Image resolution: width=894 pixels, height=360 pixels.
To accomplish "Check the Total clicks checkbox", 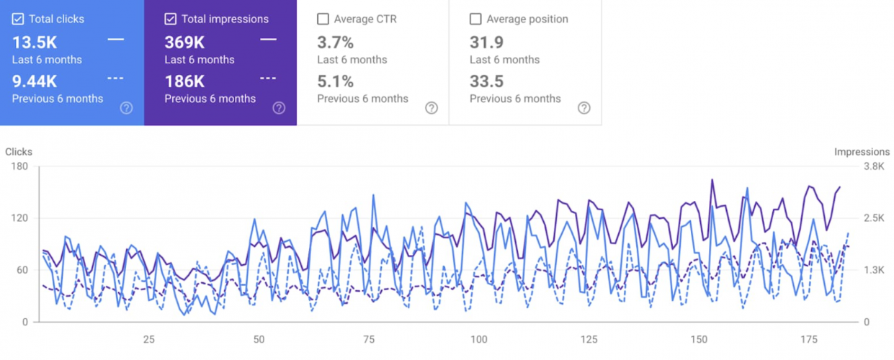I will click(18, 19).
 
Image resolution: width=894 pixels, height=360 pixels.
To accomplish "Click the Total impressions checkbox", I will click(171, 19).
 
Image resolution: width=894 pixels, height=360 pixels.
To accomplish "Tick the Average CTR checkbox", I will click(323, 19).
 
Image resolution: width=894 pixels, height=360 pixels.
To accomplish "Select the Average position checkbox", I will click(475, 19).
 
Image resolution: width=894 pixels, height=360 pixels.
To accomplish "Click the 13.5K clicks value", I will click(35, 42).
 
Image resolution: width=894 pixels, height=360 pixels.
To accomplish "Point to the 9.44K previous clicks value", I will click(35, 81).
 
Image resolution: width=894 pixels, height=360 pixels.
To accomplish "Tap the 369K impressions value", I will click(184, 42).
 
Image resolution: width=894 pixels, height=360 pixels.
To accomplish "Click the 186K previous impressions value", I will click(184, 81).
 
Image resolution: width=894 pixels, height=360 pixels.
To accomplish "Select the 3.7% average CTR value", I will click(336, 42).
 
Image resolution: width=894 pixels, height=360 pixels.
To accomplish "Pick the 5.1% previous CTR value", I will click(336, 81).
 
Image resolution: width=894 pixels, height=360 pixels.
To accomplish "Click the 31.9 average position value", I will click(486, 42).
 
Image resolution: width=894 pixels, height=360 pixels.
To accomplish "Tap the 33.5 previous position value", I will click(486, 81).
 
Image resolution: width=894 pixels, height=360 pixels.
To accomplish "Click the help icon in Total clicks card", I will click(126, 108).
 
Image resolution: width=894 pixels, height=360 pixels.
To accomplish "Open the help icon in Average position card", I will click(584, 108).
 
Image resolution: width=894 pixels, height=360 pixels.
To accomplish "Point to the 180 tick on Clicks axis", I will click(19, 166).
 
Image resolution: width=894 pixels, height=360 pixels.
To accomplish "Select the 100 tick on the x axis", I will click(478, 340).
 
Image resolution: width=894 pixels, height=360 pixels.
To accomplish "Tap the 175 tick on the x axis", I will click(809, 340).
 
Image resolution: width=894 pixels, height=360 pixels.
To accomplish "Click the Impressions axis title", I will click(862, 152).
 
